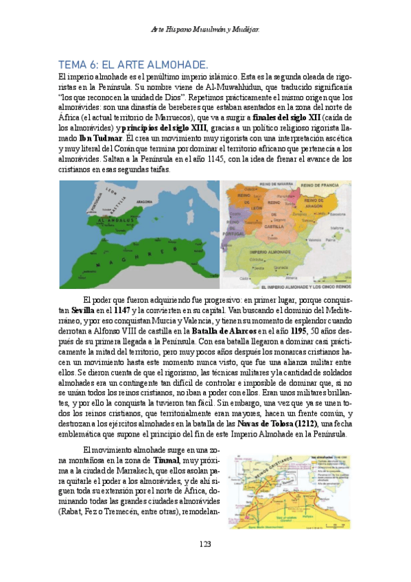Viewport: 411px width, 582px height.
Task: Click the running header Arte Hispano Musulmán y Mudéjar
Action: click(204, 29)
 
